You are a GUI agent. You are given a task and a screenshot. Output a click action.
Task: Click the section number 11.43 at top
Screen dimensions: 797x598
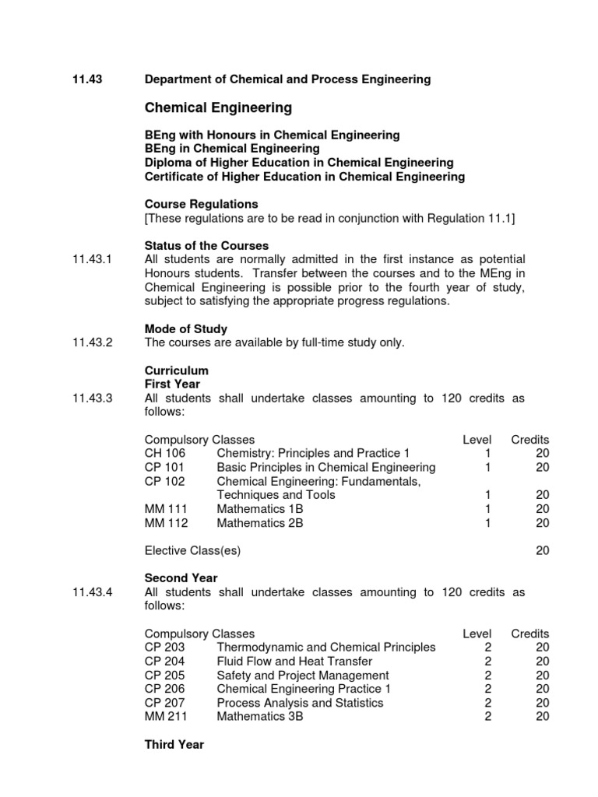[87, 79]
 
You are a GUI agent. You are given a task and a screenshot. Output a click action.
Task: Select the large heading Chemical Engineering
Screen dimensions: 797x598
[218, 107]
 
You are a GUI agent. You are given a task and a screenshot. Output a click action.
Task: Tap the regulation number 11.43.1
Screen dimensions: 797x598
[93, 259]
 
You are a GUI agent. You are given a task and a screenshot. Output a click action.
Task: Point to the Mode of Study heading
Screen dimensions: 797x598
[186, 329]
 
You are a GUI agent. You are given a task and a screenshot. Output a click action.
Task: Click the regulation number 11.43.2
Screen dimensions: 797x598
[93, 343]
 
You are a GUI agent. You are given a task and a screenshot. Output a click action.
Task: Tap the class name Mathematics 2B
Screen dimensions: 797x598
[259, 523]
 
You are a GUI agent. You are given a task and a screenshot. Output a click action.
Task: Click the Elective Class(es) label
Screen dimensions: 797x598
[192, 551]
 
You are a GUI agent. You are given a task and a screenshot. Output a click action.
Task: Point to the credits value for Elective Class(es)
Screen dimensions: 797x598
[542, 551]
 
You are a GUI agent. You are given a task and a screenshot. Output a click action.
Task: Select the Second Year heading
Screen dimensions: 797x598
[181, 578]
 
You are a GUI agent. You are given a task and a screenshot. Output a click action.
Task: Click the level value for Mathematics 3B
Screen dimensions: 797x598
[487, 717]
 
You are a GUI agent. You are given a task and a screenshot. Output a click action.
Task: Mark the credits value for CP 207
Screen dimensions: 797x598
[542, 703]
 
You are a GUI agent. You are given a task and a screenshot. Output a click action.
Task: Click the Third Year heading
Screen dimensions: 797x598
[174, 745]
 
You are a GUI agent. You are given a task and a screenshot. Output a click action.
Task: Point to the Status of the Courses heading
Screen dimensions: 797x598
[206, 246]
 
